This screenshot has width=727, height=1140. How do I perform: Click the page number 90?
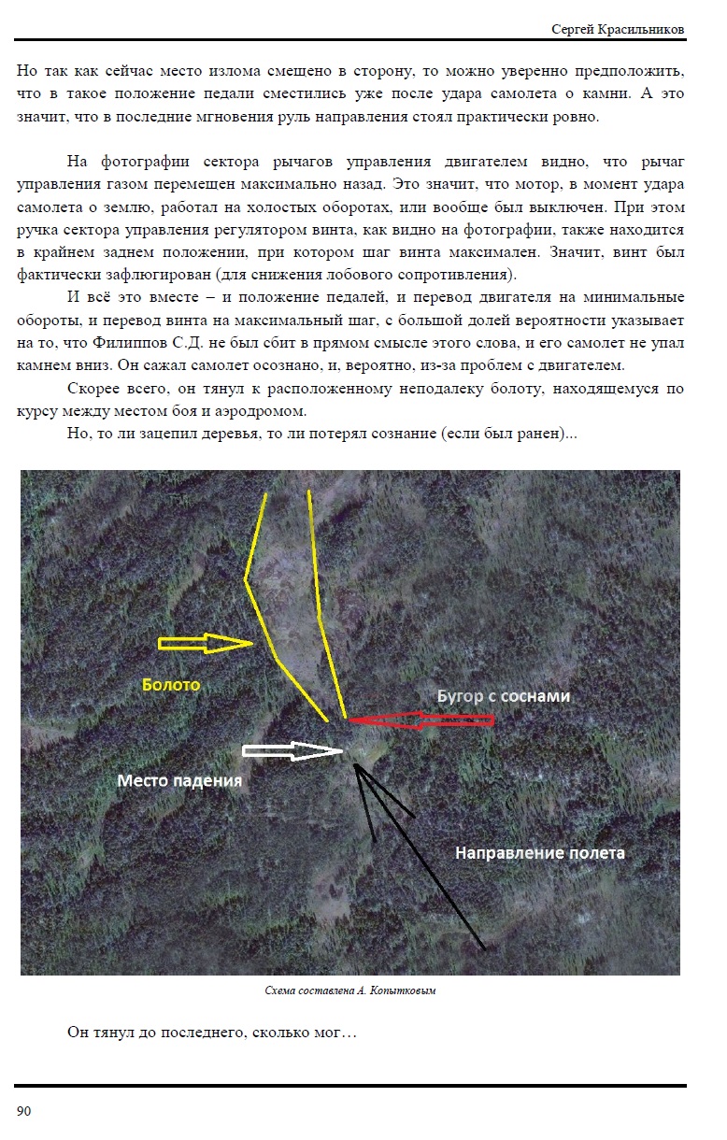(x=24, y=1111)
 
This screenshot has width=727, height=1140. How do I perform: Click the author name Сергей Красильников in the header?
(x=619, y=30)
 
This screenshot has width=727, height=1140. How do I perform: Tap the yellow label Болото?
(x=171, y=685)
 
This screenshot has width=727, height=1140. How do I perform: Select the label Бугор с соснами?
(x=504, y=696)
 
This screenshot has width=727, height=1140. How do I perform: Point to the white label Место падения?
(x=179, y=780)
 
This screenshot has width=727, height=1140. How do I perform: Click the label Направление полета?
(x=539, y=852)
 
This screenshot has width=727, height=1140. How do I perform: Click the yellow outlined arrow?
(x=206, y=643)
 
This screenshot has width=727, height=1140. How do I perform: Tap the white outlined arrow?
(x=292, y=750)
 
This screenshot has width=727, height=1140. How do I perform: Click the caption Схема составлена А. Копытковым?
(x=349, y=990)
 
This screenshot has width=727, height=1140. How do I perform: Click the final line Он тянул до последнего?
(x=213, y=1033)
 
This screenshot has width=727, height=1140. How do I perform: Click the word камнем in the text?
(x=44, y=365)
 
